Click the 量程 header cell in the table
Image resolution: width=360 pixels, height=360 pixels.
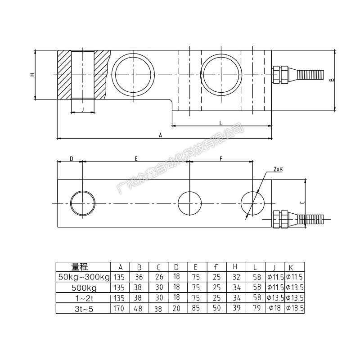pos(80,267)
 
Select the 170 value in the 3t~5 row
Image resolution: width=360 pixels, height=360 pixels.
pos(119,308)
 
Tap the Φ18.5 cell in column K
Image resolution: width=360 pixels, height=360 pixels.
pos(295,308)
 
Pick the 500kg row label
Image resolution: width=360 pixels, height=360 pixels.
pos(84,288)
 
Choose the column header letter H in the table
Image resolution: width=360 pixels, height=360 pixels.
pos(235,266)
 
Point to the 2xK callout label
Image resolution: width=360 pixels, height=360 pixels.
pos(278,169)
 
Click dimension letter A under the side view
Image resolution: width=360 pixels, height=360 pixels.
pos(161,135)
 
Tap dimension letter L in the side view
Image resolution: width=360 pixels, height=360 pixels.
pos(220,123)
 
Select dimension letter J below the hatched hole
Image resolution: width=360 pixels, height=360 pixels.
pos(83,109)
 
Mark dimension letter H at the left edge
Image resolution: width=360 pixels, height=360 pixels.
pos(32,75)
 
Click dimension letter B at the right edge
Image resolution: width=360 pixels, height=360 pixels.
pos(331,80)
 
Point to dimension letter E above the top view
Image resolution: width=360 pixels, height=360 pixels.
pos(136,159)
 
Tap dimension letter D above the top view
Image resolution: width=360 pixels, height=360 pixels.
pos(72,159)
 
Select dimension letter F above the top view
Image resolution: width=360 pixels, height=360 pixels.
pos(221,159)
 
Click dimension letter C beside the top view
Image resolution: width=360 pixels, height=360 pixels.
pos(302,202)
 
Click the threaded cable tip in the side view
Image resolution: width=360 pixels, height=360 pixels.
pos(310,75)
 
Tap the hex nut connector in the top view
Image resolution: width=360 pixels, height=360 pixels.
pos(280,219)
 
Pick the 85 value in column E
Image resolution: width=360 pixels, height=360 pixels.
pos(196,308)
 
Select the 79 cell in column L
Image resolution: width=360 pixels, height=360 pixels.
pos(257,308)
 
